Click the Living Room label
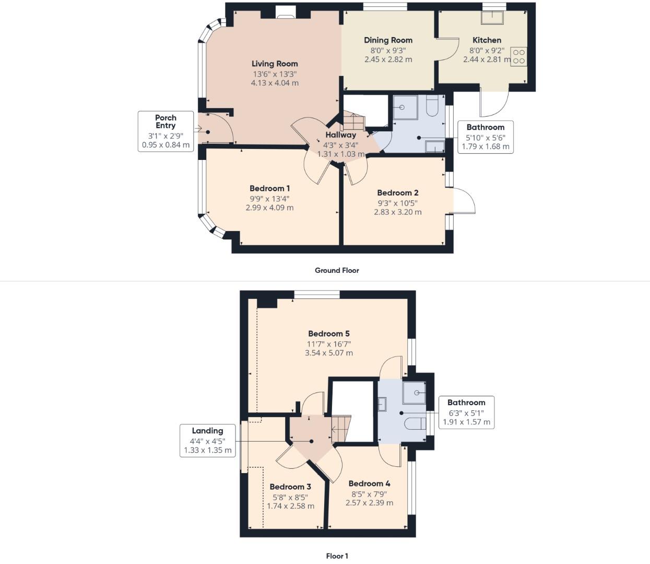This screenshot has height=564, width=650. (275, 64)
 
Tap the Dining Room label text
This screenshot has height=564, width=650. (388, 40)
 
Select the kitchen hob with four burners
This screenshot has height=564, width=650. (518, 56)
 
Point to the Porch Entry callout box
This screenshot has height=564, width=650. (166, 131)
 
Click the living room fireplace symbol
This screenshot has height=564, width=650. (285, 13)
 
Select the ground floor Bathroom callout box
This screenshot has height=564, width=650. (485, 136)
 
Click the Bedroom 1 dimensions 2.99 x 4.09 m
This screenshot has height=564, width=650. (269, 208)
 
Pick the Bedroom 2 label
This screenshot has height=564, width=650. (397, 193)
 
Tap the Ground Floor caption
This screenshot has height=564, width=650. (337, 270)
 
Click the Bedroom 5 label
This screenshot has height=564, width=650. (328, 333)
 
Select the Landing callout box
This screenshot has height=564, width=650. (207, 441)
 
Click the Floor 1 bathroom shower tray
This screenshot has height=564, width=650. (415, 393)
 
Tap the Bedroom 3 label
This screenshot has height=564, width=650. (290, 487)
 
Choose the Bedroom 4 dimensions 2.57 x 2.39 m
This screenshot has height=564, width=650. (369, 503)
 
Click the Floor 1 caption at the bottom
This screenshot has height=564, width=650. (337, 556)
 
